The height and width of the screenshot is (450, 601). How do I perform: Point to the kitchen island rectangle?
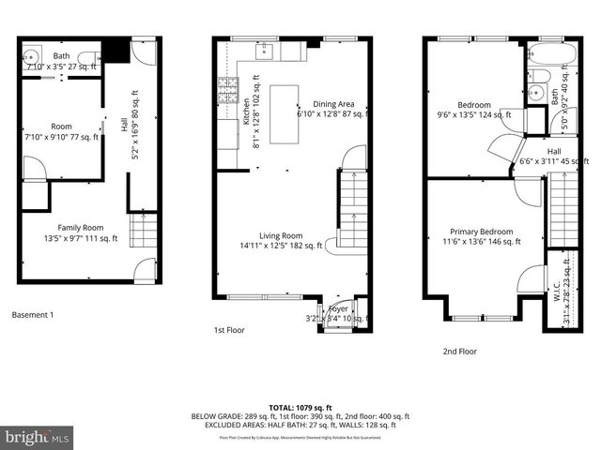click(x=284, y=114)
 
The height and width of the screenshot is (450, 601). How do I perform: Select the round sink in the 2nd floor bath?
click(x=534, y=92)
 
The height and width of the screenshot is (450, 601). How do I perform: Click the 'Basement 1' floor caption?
click(x=33, y=315)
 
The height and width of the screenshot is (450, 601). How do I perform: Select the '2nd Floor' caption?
click(x=460, y=352)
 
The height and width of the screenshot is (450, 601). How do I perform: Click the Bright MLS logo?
click(x=37, y=437)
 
